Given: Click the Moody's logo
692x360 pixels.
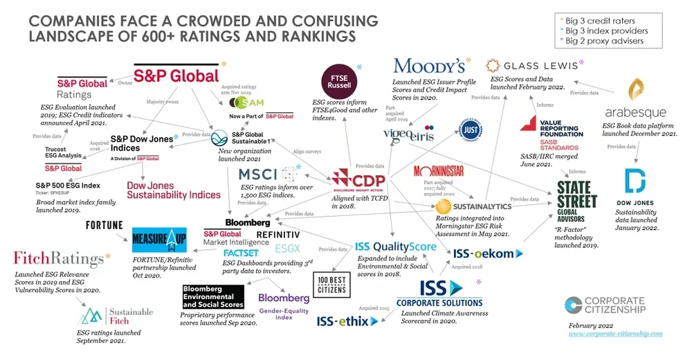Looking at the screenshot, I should (428, 66).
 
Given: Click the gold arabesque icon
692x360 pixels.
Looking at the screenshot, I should (635, 91).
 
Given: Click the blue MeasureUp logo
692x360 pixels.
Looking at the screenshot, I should (158, 240).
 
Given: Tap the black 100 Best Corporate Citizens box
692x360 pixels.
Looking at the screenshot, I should (329, 286).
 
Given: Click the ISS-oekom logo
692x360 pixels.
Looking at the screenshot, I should (484, 253).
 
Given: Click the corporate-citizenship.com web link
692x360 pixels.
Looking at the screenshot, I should (615, 334).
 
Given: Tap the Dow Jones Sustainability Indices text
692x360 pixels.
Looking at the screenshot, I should (173, 190).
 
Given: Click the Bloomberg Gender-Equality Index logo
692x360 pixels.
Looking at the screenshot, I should (284, 302).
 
